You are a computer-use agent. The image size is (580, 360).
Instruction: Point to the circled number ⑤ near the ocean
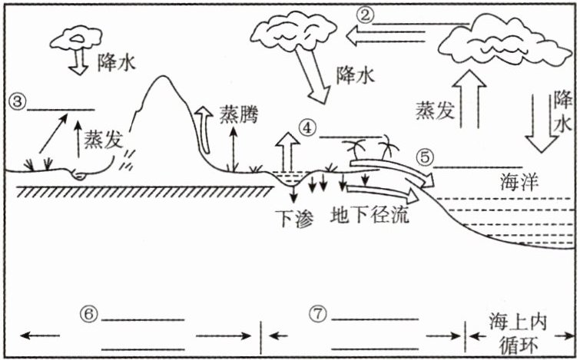coord(425,156)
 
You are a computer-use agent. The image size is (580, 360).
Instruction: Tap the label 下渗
coord(293,217)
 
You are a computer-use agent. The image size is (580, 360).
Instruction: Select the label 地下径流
coord(369,215)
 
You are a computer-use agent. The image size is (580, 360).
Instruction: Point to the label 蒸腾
coord(238,113)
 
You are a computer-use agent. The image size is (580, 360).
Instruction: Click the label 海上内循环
coord(515,331)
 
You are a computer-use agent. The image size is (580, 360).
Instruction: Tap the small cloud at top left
coord(76,38)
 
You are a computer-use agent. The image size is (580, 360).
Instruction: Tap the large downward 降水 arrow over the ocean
coord(539,119)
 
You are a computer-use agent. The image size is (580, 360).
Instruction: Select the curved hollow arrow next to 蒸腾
coord(204,126)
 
